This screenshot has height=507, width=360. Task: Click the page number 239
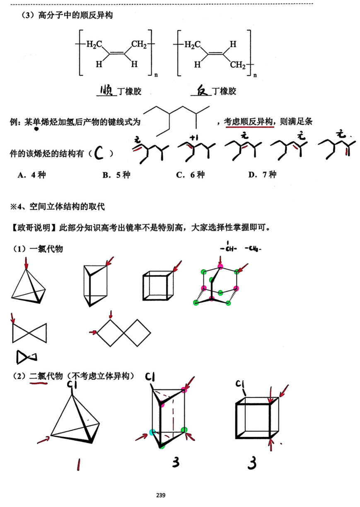161,495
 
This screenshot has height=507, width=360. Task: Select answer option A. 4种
31,175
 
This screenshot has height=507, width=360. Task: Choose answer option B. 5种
116,175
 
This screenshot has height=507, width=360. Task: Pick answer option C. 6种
191,175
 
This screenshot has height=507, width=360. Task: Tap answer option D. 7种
262,175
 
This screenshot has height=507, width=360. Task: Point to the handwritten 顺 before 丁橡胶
106,90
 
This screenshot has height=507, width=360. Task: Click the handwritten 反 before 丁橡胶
202,90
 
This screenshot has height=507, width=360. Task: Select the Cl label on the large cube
240,384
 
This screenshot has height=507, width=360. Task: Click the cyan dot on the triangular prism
152,432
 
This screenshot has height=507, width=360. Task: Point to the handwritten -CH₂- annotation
253,249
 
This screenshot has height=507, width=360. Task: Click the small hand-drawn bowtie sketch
27,357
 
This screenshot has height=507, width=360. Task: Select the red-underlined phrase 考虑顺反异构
248,122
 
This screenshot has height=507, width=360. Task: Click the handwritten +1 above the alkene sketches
194,137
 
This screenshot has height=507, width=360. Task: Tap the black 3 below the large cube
252,463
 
